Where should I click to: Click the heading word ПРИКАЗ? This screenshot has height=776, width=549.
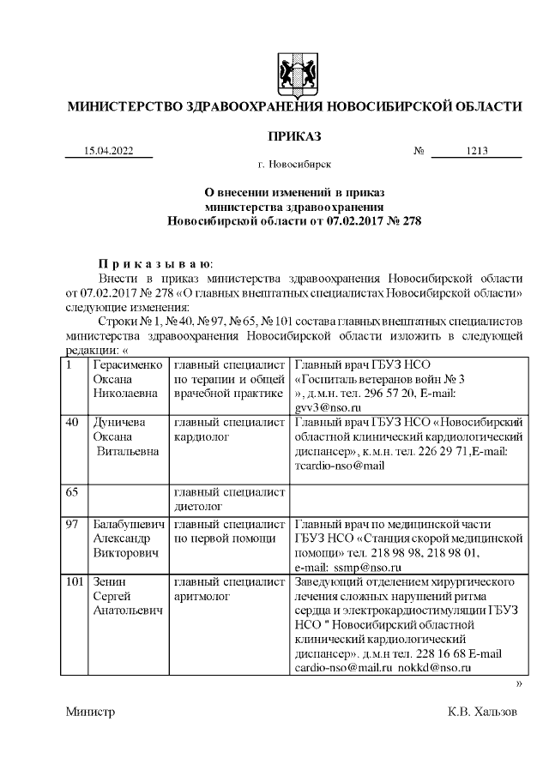[x=294, y=136]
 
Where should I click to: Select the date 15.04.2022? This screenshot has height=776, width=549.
[x=109, y=151]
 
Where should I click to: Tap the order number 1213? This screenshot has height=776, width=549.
[x=477, y=151]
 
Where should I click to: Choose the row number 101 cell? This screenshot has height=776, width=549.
[x=75, y=581]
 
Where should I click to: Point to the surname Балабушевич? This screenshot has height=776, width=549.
[x=129, y=523]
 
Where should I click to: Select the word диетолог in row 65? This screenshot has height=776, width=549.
[x=200, y=507]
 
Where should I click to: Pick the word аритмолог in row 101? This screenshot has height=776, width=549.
[x=204, y=596]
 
